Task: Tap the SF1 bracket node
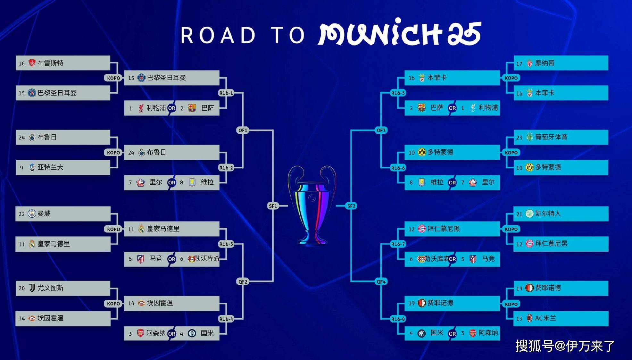(273, 206)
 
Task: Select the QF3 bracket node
(381, 130)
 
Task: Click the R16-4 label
(226, 319)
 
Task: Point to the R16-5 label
(398, 93)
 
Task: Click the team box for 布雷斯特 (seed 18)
(63, 63)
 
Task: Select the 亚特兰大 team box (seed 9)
(63, 167)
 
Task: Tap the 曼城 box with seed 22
(63, 214)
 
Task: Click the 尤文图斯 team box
(63, 288)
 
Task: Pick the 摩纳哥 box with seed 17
(561, 63)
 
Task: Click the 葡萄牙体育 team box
(561, 137)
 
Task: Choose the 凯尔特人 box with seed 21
(561, 214)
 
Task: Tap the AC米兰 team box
(561, 318)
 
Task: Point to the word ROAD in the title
(218, 35)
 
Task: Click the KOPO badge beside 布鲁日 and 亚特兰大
(113, 153)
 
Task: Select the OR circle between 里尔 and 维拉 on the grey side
(172, 182)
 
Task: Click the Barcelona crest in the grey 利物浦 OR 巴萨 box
(192, 108)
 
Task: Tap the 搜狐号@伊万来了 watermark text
(565, 346)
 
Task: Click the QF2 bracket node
(243, 281)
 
